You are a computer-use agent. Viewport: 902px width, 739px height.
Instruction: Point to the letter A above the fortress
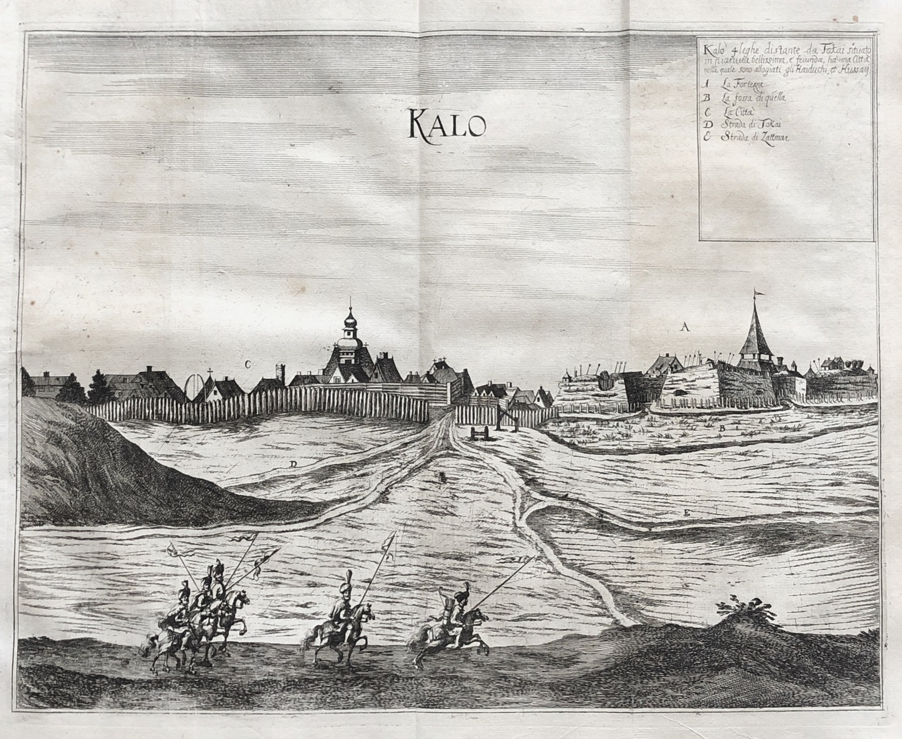pyautogui.click(x=684, y=327)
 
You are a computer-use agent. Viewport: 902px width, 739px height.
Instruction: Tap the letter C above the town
pyautogui.click(x=248, y=365)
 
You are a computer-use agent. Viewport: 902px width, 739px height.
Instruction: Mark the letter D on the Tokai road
pyautogui.click(x=292, y=464)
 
